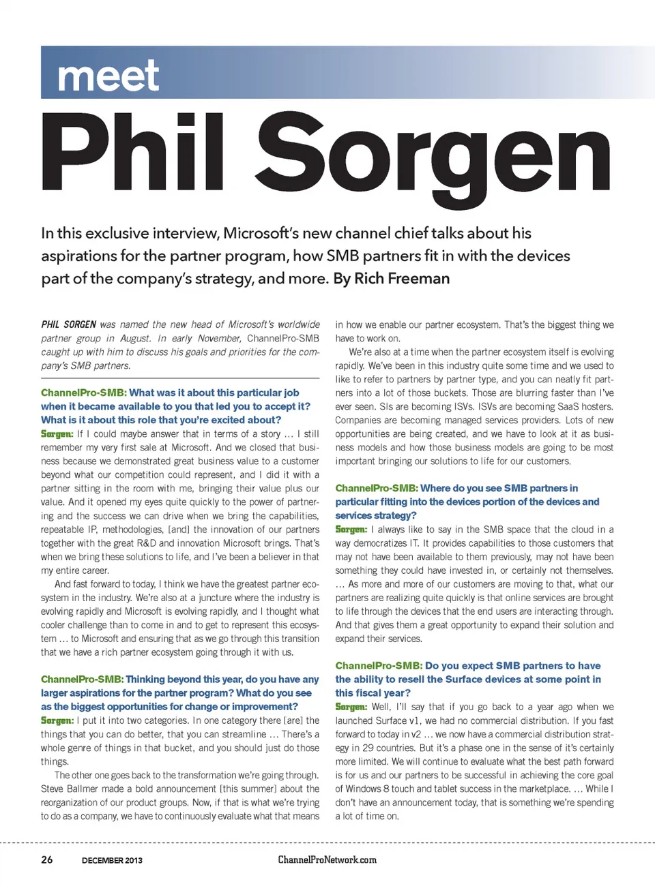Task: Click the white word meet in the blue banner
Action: coord(108,76)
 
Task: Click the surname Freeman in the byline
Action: coord(418,279)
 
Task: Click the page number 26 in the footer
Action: coord(46,859)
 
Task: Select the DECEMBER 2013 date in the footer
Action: coord(112,860)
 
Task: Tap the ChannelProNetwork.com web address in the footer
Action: coord(327,859)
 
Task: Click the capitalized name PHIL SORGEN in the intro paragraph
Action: coord(68,324)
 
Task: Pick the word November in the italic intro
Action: coord(219,338)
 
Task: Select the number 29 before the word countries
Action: coord(368,748)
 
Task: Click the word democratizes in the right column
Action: coord(389,543)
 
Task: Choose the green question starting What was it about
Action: coord(175,406)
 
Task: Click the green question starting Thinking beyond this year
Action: coord(179,692)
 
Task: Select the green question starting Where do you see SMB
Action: coord(467,502)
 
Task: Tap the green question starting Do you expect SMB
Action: coord(468,679)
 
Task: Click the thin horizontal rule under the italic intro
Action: coord(180,378)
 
